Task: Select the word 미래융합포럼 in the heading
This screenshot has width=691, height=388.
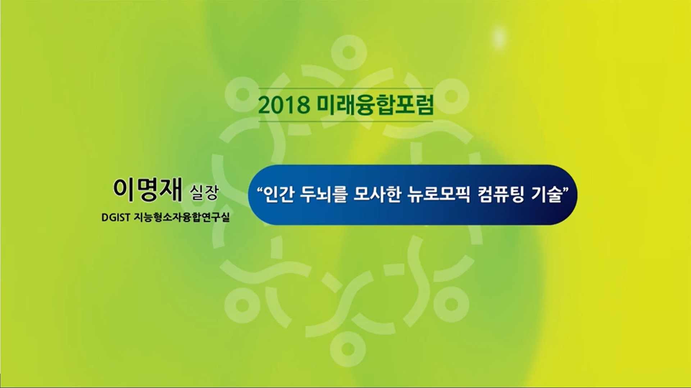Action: (375, 105)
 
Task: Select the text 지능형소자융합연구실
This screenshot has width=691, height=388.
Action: (182, 218)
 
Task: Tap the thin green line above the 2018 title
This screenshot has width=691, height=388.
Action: (346, 88)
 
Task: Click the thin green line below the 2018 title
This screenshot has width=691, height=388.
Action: (346, 121)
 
